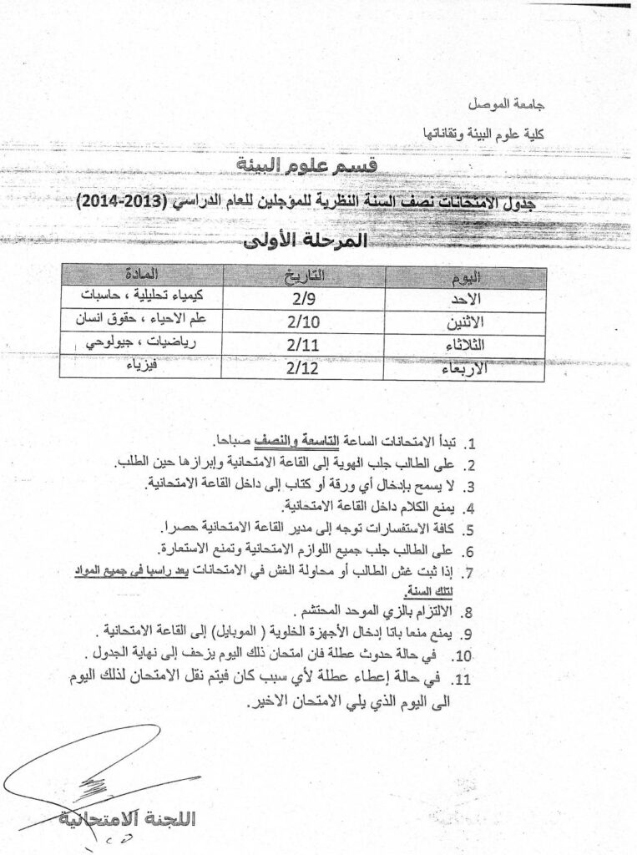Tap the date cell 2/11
click(302, 342)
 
